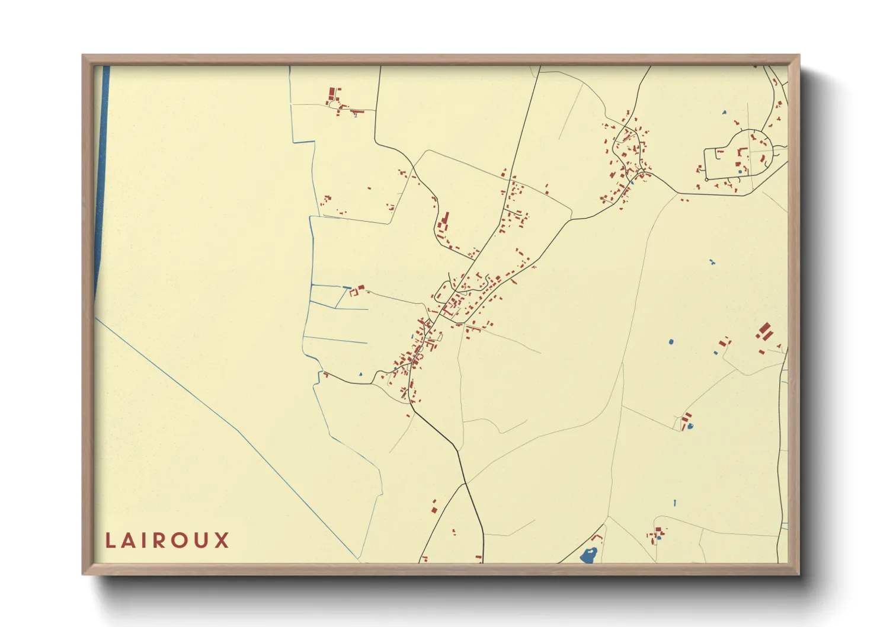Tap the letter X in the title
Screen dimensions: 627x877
click(222, 540)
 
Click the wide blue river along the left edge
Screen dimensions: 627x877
click(102, 178)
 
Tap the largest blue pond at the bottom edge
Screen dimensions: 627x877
click(588, 556)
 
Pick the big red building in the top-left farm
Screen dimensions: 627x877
click(332, 93)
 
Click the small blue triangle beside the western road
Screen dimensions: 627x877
click(360, 375)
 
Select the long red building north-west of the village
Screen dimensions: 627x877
click(446, 219)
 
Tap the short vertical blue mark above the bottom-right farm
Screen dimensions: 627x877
click(674, 503)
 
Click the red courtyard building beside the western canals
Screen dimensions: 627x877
click(357, 290)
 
